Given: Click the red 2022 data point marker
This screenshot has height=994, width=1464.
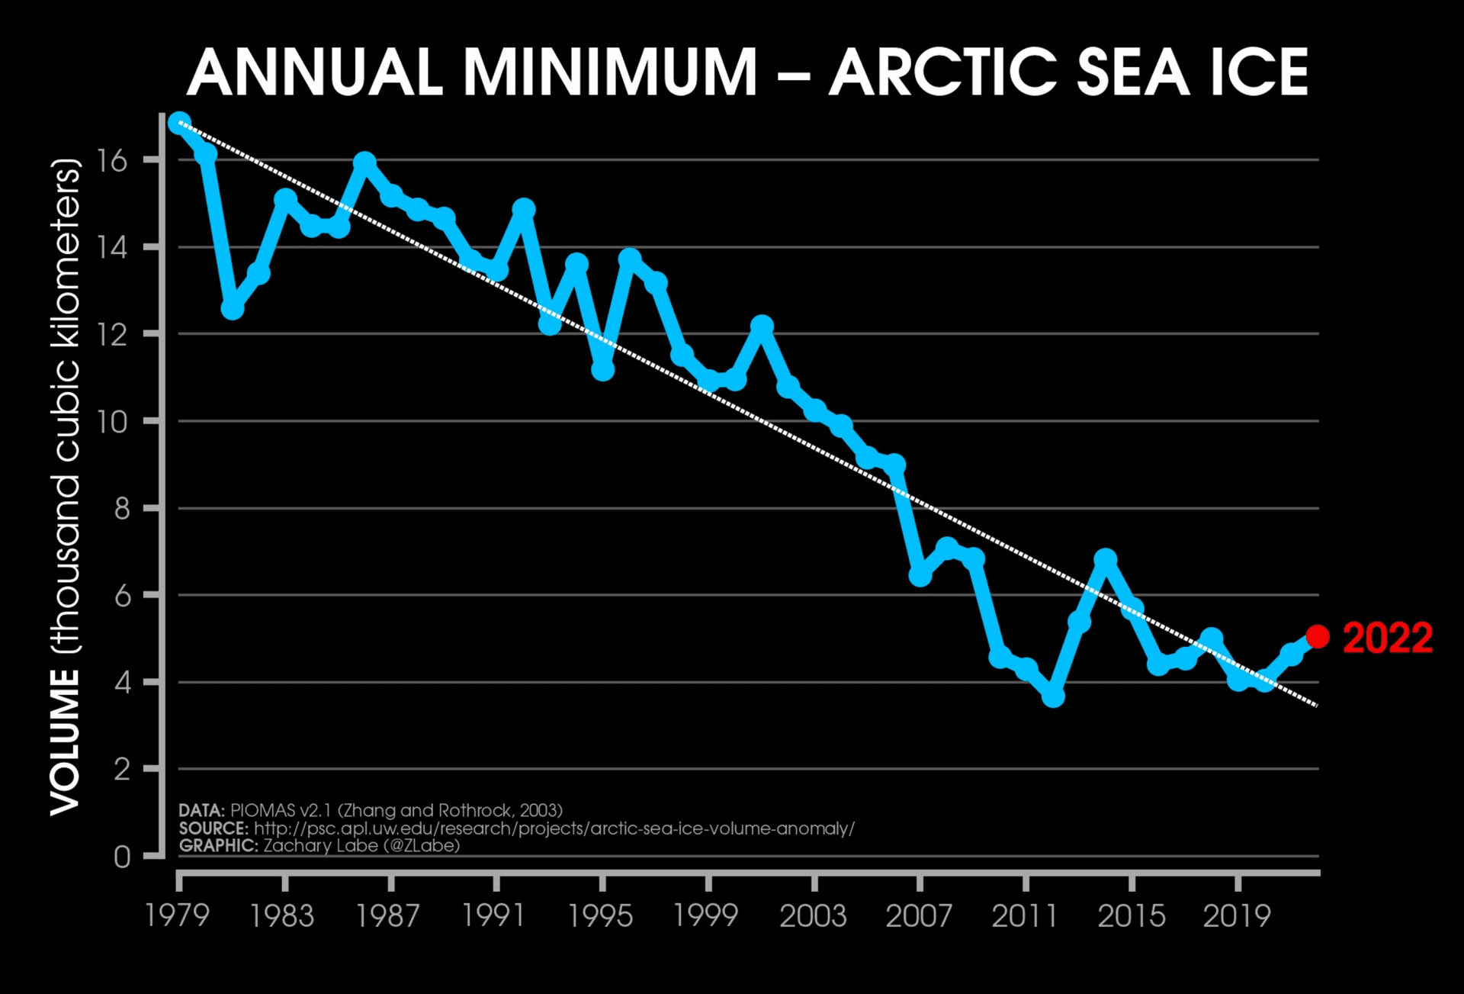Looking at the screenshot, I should pyautogui.click(x=1317, y=635).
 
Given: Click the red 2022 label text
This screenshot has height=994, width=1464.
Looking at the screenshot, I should pyautogui.click(x=1387, y=638).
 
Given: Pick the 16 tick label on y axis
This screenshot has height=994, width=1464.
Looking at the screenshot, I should pyautogui.click(x=111, y=160).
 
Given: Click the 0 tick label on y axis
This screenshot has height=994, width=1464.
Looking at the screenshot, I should pyautogui.click(x=122, y=857).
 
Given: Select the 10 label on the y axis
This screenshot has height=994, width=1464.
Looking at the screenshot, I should pyautogui.click(x=111, y=421).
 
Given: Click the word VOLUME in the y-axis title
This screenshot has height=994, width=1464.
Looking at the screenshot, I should pyautogui.click(x=66, y=741).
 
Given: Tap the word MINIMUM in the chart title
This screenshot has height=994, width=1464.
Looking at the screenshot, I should pyautogui.click(x=610, y=72).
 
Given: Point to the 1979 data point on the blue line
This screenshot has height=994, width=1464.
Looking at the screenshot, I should pyautogui.click(x=180, y=124).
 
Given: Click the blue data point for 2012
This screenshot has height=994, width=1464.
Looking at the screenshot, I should pyautogui.click(x=1053, y=696).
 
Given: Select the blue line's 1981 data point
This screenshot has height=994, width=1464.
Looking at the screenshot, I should pyautogui.click(x=233, y=308).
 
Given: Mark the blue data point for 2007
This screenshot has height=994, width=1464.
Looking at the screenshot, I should pyautogui.click(x=920, y=574).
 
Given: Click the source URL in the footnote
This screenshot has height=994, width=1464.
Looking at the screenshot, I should pyautogui.click(x=554, y=828).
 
